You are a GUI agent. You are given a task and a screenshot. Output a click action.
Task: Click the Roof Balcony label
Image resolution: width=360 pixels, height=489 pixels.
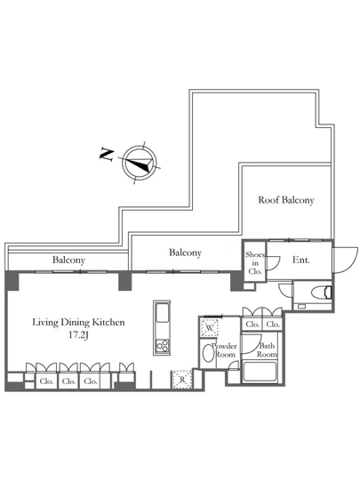[286, 200]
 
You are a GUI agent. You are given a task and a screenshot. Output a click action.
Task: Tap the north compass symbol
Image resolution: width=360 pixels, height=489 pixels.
[139, 163]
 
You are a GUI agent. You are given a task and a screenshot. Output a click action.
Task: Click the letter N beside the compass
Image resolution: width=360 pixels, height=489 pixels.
[107, 156]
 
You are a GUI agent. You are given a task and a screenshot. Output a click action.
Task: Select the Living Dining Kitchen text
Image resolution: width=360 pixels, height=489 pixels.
[78, 322]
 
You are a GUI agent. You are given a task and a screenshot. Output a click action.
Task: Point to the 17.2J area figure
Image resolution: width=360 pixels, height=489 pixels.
[79, 335]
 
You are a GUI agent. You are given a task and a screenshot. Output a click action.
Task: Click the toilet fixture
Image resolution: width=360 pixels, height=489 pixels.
[321, 293]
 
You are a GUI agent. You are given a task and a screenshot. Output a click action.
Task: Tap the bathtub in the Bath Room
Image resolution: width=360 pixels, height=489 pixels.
[260, 372]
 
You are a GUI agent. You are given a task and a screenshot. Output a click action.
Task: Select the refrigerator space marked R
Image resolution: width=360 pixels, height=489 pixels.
[182, 380]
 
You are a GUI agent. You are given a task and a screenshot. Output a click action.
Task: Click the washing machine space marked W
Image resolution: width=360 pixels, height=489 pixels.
[210, 328]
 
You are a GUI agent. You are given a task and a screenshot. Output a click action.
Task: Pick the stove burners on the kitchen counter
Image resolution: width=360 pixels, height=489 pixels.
[162, 345]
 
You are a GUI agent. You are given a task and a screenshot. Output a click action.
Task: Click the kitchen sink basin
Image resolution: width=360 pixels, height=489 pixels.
[162, 313]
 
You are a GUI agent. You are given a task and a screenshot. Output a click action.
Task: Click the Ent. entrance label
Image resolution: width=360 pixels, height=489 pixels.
[301, 260]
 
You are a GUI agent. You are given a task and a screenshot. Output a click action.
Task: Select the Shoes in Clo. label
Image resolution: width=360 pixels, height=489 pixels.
[255, 263]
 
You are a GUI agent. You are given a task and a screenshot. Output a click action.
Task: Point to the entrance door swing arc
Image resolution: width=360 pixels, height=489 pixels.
[349, 260]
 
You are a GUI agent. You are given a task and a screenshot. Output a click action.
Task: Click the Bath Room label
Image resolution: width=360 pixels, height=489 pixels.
[267, 350]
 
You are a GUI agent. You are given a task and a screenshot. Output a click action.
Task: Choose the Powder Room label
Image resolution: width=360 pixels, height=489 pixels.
[224, 350]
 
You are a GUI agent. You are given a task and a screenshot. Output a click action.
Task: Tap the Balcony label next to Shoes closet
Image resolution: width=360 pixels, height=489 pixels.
[185, 253]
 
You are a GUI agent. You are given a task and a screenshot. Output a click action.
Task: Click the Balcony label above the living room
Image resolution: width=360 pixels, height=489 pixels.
[68, 260]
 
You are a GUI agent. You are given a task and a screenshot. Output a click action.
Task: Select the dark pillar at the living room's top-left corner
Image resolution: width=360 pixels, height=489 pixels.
[12, 280]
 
